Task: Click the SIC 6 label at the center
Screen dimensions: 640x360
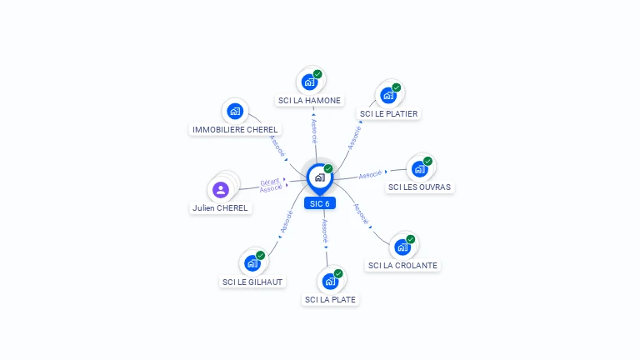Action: pos(320,203)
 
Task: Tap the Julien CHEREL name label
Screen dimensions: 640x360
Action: pos(220,208)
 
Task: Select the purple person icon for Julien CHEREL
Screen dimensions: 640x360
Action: pos(221,190)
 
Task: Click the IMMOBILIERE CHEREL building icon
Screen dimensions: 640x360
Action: pos(235,111)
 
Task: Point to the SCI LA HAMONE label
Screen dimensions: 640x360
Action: pos(309,100)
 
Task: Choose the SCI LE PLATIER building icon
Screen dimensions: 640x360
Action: pos(388,96)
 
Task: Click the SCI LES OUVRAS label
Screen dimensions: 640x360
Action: pos(419,187)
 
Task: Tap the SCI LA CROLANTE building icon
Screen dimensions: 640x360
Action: pos(402,247)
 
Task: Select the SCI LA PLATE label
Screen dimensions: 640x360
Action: pos(330,300)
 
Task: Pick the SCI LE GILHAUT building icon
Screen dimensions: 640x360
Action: pos(252,263)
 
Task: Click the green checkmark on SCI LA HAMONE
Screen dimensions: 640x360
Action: pos(317,74)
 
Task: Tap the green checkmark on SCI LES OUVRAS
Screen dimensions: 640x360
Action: pos(427,161)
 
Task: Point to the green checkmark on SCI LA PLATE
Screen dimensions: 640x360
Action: pos(338,273)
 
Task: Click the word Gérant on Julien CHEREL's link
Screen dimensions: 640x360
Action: pos(270,182)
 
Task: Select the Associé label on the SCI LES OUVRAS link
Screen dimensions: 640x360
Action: pos(370,175)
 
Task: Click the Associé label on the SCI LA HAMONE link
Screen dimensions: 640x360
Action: pos(314,131)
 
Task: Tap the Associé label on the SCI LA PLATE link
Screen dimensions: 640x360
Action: pos(325,231)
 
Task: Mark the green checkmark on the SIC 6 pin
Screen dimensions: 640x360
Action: pos(328,168)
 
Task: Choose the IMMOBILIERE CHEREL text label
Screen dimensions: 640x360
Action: pos(235,130)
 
